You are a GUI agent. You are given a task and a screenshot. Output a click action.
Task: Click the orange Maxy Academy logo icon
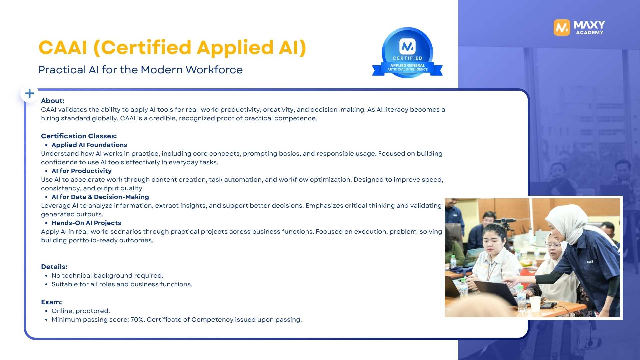[x=562, y=27]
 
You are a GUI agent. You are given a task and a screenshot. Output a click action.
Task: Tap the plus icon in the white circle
[x=30, y=93]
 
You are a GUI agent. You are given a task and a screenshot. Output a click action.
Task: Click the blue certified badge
[x=407, y=53]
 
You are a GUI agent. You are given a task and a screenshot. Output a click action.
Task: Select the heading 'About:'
[x=53, y=101]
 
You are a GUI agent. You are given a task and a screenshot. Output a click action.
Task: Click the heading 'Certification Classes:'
[x=79, y=136]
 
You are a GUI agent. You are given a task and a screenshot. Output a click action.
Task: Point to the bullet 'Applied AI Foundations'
[x=89, y=145]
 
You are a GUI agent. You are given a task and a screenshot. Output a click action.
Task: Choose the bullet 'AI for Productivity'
[x=82, y=171]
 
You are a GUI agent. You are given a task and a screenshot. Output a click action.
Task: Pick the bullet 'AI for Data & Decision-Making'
[x=100, y=197]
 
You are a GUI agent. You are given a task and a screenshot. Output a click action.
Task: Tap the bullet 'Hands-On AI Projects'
[x=86, y=223]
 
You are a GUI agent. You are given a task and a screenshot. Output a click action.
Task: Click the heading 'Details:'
[x=54, y=267]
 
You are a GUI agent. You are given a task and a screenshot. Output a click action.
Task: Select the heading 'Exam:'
[x=51, y=302]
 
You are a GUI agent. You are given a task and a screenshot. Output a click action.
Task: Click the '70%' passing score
[x=137, y=319]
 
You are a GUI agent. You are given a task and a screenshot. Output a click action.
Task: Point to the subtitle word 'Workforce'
[x=214, y=70]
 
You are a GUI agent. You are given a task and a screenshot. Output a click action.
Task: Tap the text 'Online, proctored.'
[x=81, y=311]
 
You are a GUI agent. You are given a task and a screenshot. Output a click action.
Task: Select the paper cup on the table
[x=535, y=304]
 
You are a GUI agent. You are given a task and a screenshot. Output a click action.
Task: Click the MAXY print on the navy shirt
[x=590, y=262]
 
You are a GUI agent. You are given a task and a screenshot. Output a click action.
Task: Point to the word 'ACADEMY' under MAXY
[x=589, y=33]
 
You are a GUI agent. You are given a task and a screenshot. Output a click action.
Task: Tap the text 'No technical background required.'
[x=107, y=275]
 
